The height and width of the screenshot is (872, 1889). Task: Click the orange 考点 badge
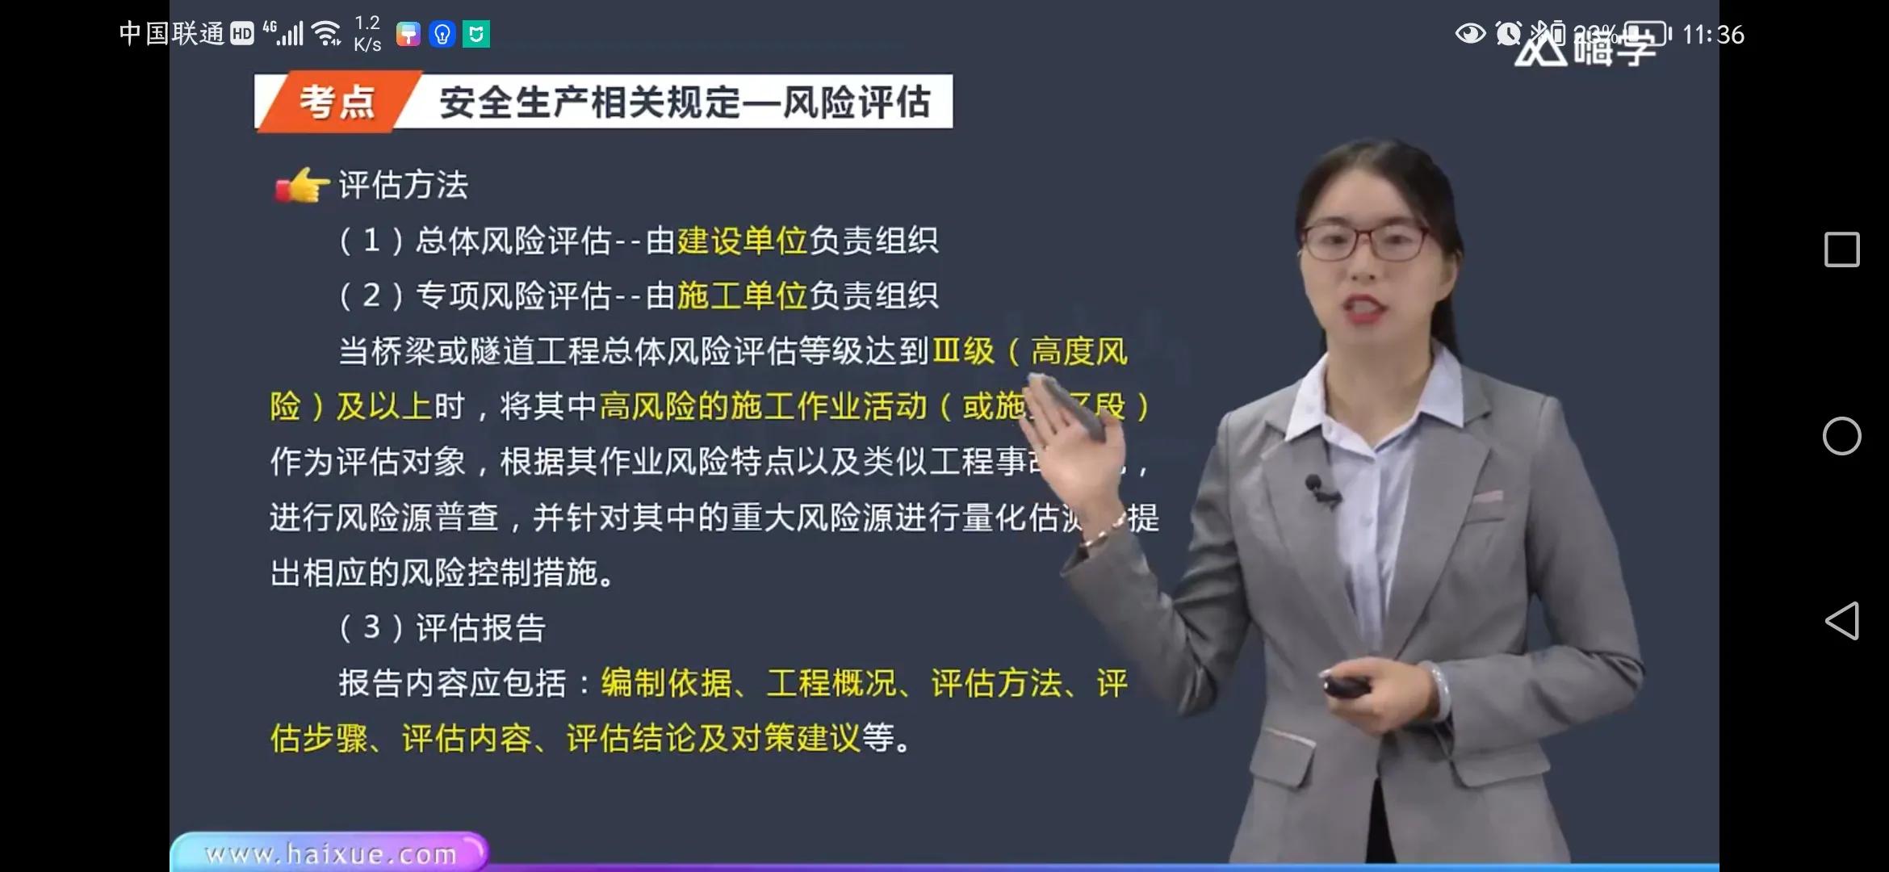pos(337,103)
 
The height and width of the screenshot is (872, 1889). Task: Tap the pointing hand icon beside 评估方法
pos(302,186)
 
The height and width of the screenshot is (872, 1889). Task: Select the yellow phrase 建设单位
pos(742,241)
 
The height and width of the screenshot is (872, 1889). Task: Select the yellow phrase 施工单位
pos(742,296)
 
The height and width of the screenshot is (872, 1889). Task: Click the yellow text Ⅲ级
pos(963,351)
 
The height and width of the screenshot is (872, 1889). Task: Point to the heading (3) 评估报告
pos(442,627)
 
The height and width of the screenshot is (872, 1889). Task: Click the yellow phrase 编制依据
pos(666,683)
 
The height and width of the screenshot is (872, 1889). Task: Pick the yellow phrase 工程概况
pos(831,683)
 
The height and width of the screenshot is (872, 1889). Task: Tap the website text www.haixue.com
pos(330,853)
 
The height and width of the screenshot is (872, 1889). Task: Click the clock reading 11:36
pos(1713,35)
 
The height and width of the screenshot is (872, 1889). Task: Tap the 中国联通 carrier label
pos(172,33)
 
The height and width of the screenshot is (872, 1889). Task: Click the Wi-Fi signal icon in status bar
pos(327,33)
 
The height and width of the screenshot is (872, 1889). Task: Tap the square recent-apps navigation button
pos(1841,249)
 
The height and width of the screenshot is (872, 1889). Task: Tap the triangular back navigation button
pos(1841,621)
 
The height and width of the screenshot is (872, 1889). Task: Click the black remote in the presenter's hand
pos(1346,686)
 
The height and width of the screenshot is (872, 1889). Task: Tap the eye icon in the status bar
pos(1469,34)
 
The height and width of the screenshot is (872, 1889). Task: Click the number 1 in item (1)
pos(371,241)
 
